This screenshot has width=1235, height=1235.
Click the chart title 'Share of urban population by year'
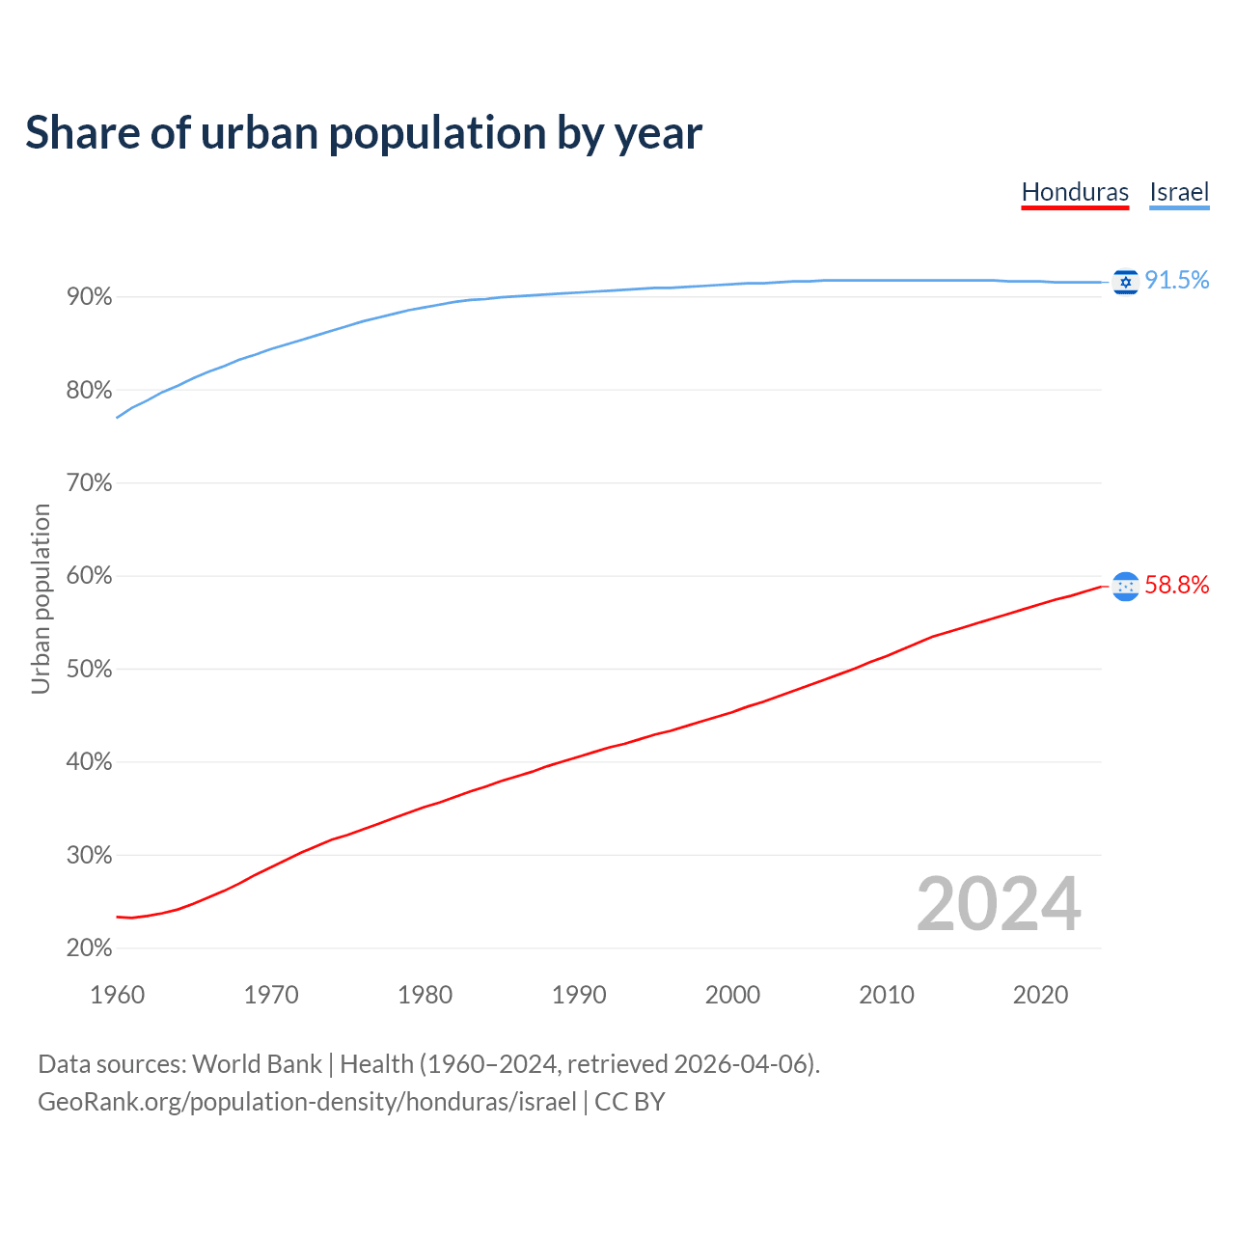(364, 133)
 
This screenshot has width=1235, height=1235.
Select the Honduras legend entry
(1075, 192)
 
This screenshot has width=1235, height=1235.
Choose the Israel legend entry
(1179, 192)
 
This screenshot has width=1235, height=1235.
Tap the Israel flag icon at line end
(1125, 282)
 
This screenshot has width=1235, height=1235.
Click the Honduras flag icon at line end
(1125, 586)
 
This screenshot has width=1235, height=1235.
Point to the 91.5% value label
(1177, 280)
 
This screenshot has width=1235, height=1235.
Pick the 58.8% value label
(1177, 585)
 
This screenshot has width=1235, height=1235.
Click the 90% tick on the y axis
(90, 297)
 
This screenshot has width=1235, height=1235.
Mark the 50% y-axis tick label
(90, 670)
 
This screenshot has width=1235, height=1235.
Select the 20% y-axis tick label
(90, 948)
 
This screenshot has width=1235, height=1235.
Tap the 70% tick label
(90, 483)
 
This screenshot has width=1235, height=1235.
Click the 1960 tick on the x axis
(117, 995)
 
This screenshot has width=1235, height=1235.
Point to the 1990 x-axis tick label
(579, 995)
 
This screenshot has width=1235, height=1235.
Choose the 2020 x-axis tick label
(1040, 995)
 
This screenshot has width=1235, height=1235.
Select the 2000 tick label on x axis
(732, 995)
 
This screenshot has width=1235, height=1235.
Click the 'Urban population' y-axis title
(41, 598)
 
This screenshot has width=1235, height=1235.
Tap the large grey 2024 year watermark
(999, 904)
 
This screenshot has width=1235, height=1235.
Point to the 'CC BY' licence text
(630, 1102)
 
